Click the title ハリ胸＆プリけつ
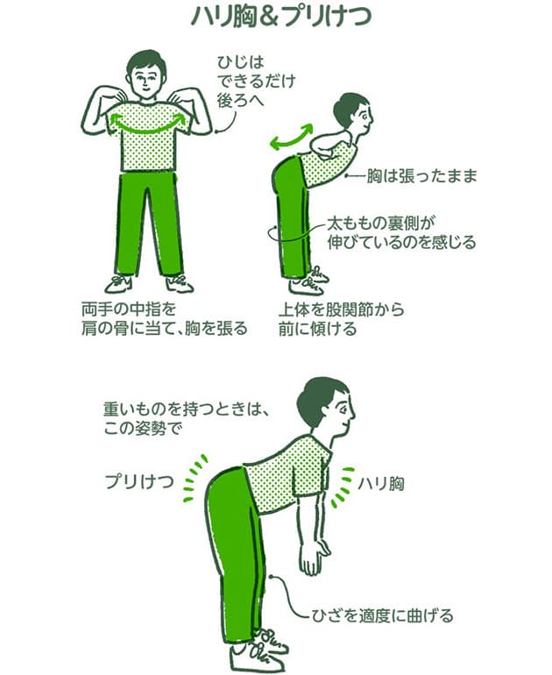277,18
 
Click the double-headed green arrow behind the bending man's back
290,137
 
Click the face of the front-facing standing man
146,78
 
